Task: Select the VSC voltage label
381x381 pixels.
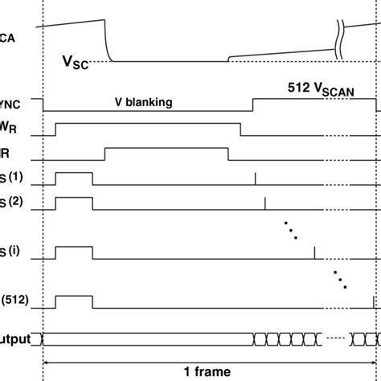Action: (76, 62)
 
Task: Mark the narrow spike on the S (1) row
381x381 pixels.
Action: (256, 178)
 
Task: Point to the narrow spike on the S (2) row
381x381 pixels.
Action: (265, 203)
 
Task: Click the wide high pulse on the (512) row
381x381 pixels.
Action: (73, 301)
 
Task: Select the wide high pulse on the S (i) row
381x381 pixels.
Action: (73, 252)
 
